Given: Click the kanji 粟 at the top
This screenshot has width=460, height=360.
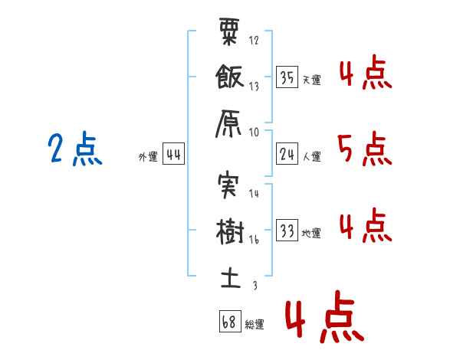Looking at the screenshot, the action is [x=229, y=31].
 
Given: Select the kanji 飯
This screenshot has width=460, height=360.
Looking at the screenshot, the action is [x=229, y=77].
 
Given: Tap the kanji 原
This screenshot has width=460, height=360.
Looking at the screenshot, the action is [x=228, y=123].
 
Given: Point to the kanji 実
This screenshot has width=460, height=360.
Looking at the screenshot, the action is [x=228, y=185].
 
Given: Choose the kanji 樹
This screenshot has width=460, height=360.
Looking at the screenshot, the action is [x=230, y=231].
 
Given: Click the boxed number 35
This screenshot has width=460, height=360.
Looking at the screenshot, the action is [x=287, y=77].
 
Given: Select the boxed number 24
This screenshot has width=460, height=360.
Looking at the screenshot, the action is [x=287, y=154].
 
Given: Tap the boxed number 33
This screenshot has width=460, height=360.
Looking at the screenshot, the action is [x=287, y=230].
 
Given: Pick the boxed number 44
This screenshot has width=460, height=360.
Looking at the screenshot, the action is [x=173, y=154].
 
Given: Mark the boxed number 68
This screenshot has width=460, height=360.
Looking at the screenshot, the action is [x=230, y=321].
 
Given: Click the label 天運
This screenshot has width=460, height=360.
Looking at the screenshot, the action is [x=312, y=80].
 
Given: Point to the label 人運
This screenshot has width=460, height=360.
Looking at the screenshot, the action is [x=312, y=156].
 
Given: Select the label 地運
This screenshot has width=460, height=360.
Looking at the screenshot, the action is [x=311, y=233].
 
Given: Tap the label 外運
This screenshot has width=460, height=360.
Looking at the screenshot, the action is [x=148, y=156].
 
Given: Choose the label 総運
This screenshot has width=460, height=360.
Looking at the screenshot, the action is [x=255, y=324].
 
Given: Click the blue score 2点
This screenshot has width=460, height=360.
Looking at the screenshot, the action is [x=75, y=149].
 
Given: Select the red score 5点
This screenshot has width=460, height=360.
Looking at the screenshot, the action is [x=365, y=149].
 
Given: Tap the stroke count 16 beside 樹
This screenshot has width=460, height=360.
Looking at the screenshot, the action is [x=254, y=240].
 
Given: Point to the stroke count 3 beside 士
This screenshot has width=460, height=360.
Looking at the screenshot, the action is [x=255, y=285].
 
